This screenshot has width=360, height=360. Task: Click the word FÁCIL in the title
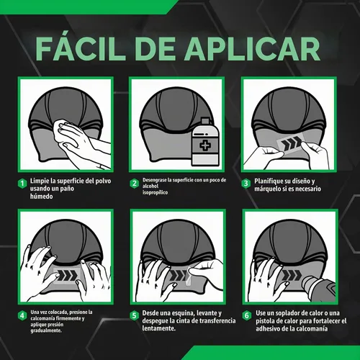click(x=79, y=48)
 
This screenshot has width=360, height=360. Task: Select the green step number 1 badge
click(x=22, y=184)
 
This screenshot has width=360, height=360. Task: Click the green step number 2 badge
click(x=135, y=184)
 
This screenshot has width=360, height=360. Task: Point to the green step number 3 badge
click(x=246, y=184)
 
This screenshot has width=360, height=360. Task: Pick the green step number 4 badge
click(x=22, y=315)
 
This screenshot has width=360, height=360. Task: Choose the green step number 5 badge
click(x=135, y=315)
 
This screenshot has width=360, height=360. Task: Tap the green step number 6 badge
click(x=247, y=315)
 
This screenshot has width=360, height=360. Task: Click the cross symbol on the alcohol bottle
click(x=204, y=145)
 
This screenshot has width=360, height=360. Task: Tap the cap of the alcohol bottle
click(x=205, y=122)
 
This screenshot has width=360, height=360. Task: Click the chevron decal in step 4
click(x=67, y=275)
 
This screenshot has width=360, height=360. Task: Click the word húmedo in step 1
click(x=41, y=197)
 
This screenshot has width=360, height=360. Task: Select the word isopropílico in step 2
click(x=155, y=192)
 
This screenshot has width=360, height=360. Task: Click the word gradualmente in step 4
click(x=46, y=330)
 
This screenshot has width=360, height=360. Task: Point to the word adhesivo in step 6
click(x=268, y=328)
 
